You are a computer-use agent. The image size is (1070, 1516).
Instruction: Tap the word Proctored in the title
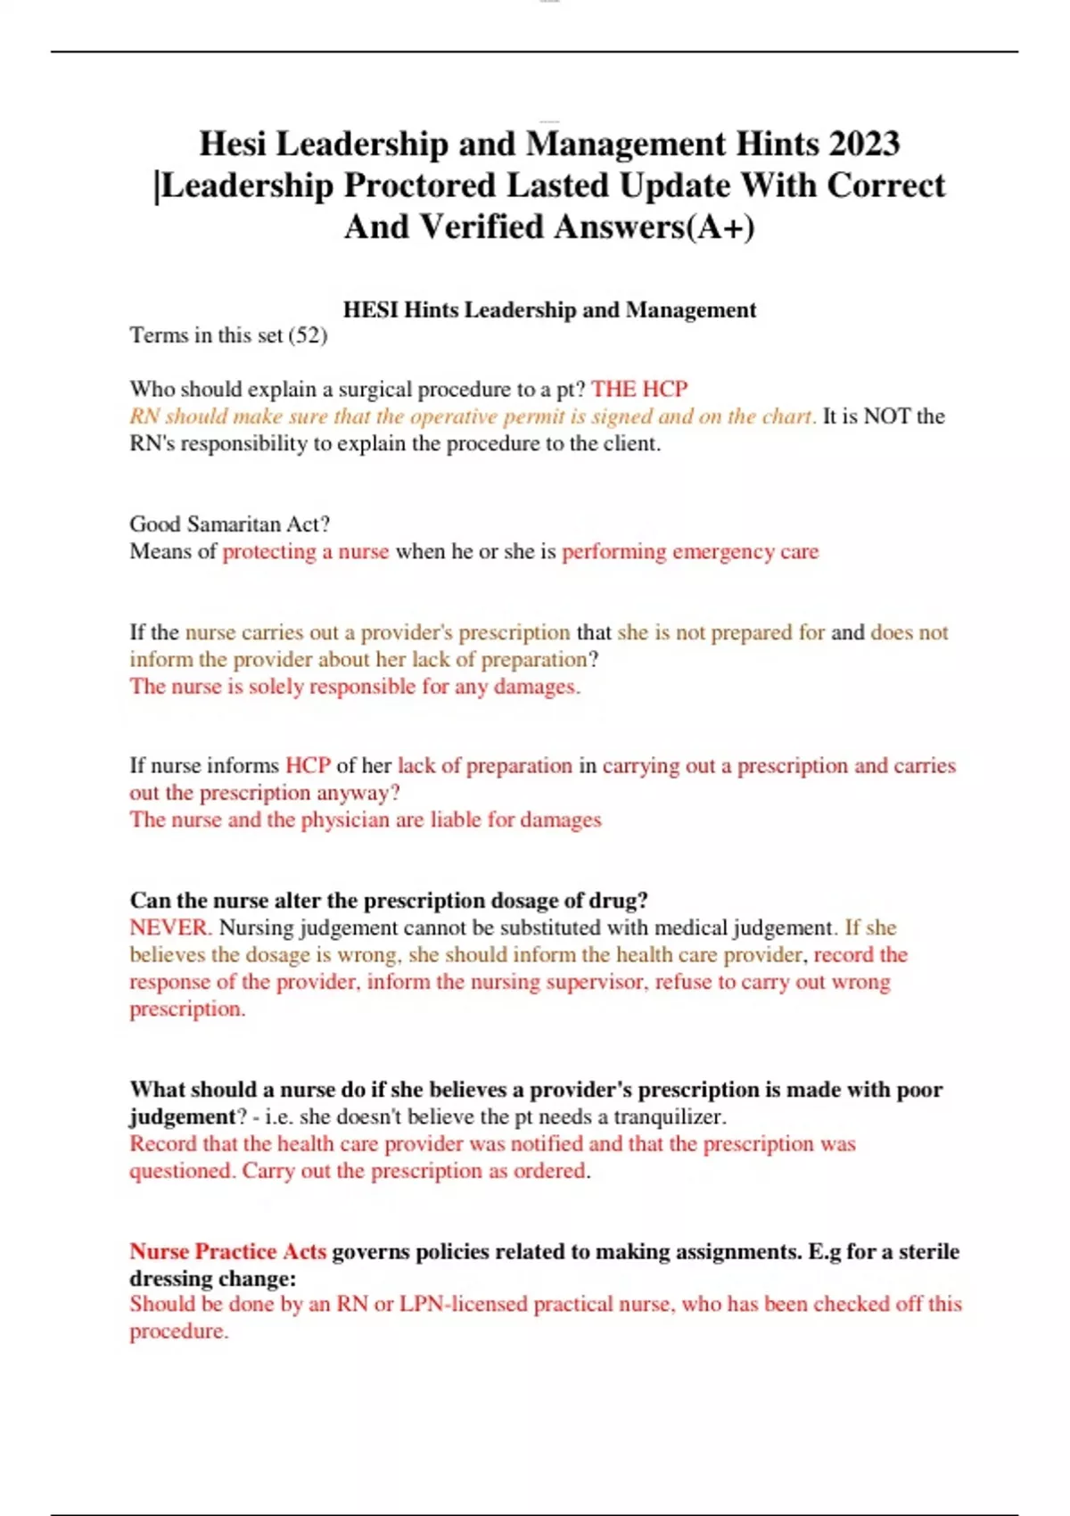coord(420,185)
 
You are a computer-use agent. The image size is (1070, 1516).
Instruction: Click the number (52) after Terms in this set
coord(308,335)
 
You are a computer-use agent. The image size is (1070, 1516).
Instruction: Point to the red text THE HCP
coord(639,389)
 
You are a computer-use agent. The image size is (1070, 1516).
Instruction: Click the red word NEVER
coord(169,927)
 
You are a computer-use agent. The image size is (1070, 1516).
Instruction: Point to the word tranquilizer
coord(669,1116)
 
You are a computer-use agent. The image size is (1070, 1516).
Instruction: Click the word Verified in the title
coord(481,227)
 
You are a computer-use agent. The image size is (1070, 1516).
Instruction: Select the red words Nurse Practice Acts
coord(228,1251)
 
